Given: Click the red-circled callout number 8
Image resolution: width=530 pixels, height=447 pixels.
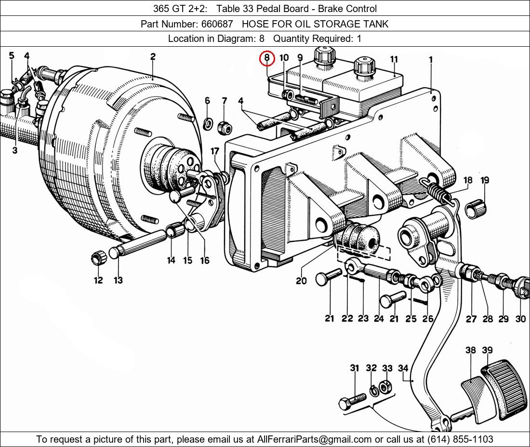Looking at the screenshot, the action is [267, 58].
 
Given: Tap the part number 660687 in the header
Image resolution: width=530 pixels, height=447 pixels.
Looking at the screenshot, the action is [217, 24].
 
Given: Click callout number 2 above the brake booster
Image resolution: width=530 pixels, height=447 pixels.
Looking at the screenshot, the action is [153, 56].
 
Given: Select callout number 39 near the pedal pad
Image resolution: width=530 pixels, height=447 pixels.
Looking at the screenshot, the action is [487, 350].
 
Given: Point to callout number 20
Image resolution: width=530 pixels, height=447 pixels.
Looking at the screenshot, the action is [301, 280].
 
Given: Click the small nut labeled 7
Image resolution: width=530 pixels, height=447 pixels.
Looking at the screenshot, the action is [225, 128].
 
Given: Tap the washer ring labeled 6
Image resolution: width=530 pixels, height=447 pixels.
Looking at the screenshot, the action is [208, 123].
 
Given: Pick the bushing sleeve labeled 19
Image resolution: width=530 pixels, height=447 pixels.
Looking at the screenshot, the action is [476, 209].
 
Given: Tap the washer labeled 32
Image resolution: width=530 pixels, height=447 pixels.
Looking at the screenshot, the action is [373, 391].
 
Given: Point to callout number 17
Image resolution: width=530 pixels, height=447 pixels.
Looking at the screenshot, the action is [215, 151].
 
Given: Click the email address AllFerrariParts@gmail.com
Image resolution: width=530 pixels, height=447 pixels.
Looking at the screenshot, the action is [314, 439].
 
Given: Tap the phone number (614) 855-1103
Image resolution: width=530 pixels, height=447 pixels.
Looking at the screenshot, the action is [460, 439].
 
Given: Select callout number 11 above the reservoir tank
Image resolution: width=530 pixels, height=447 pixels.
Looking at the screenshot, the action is [394, 59].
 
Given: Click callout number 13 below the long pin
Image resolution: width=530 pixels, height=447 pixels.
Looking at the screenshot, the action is [118, 280].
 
